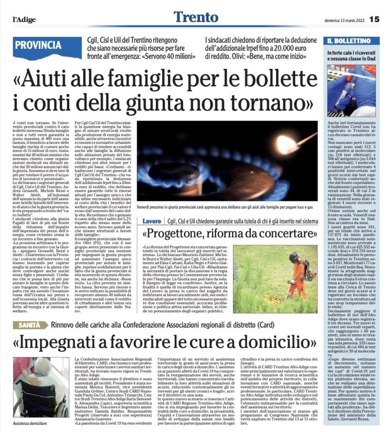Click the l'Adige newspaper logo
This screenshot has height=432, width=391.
point(24,19)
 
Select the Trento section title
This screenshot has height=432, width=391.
point(195,17)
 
